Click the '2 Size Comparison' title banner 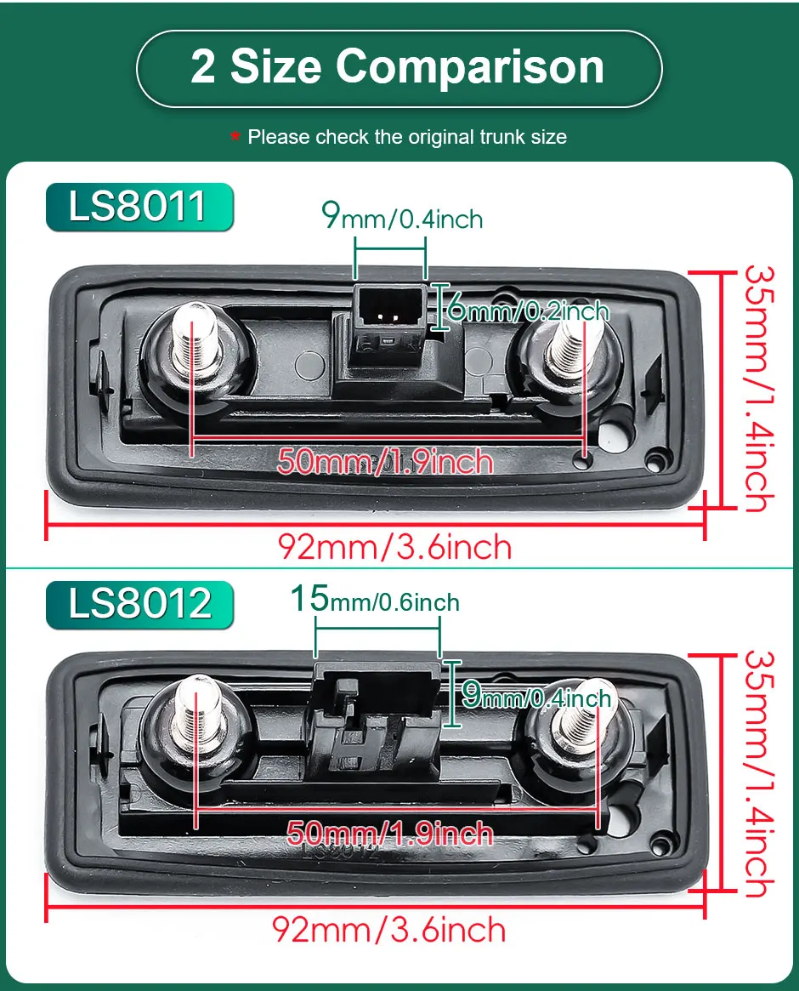click(398, 68)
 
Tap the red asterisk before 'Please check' click(235, 136)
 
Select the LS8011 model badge click(139, 207)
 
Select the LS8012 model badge click(139, 604)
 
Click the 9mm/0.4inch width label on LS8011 click(402, 217)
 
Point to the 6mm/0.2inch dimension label click(528, 310)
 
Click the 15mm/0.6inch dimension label click(375, 600)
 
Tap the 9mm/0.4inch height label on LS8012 click(535, 697)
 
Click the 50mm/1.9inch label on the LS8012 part click(390, 832)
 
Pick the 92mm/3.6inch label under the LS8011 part click(395, 547)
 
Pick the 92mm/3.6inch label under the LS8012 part click(389, 929)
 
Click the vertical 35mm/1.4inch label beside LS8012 click(758, 774)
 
